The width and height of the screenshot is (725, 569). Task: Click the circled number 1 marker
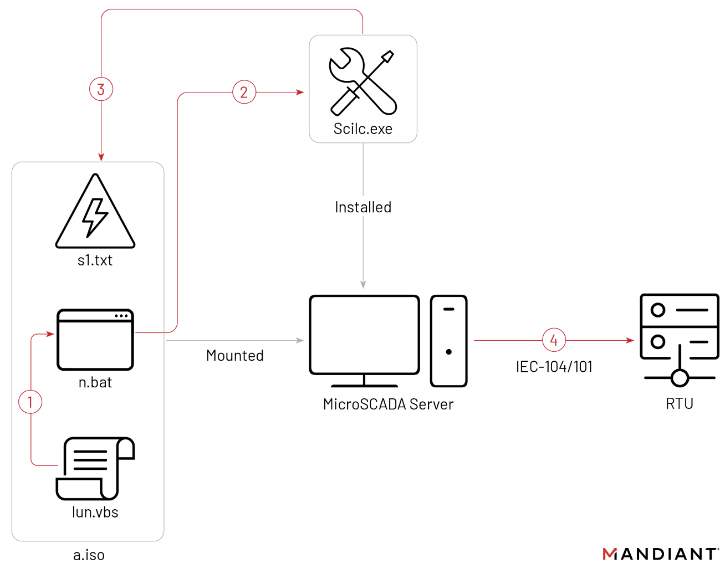click(x=30, y=402)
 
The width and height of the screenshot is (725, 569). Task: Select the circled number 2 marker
click(x=244, y=92)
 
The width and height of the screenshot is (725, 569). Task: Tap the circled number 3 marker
click(x=101, y=89)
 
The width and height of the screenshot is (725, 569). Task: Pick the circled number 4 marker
click(x=554, y=340)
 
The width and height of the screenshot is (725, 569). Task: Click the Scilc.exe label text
click(x=362, y=129)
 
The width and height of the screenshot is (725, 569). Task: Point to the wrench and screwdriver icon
click(x=362, y=82)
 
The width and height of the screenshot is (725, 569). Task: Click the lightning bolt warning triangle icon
click(x=95, y=213)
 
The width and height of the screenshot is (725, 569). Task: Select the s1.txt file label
click(x=95, y=260)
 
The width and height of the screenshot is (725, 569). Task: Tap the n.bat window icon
click(x=95, y=339)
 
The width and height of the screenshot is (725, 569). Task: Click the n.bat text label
click(x=95, y=382)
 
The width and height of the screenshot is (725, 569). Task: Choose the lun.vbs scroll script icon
click(x=95, y=468)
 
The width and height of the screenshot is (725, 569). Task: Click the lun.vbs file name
click(x=95, y=512)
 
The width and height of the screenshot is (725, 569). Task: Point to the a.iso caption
click(x=89, y=555)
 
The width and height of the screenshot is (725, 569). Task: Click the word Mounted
click(x=234, y=356)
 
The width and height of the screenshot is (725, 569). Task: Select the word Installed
click(x=363, y=207)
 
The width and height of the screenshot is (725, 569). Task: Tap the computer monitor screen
click(x=364, y=335)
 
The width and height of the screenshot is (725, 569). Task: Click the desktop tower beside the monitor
click(x=449, y=340)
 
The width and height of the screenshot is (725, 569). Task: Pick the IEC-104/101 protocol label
click(x=554, y=367)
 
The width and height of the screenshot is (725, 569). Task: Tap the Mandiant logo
click(x=660, y=554)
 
